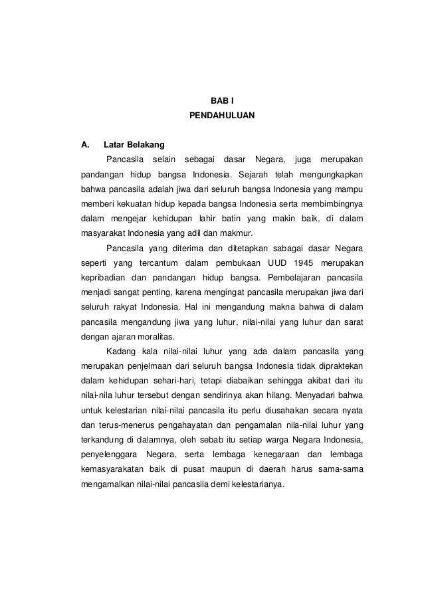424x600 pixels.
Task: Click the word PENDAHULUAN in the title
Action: coord(222,116)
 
